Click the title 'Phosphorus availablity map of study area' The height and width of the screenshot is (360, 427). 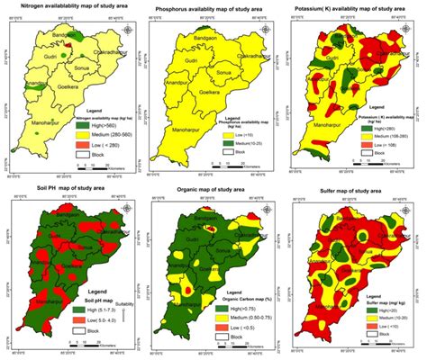pyautogui.click(x=214, y=6)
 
